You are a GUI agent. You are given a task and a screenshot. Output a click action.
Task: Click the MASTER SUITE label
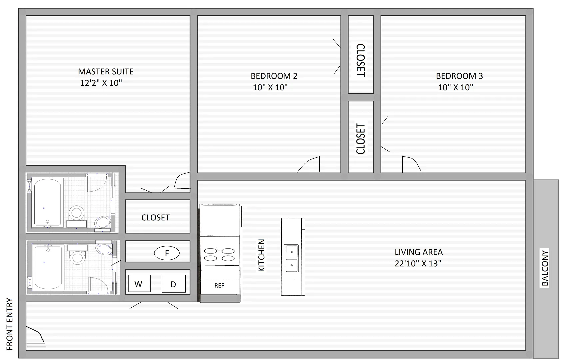coord(106,72)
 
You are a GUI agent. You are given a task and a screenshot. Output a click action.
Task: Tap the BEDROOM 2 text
coord(274,76)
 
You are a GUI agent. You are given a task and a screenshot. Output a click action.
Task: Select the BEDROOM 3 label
coord(459,76)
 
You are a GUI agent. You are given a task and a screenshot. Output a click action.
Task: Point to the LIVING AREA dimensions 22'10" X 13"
coord(418,263)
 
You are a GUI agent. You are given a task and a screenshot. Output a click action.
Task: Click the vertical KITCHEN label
coord(261,255)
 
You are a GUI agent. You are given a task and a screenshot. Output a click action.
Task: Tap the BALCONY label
coord(545,268)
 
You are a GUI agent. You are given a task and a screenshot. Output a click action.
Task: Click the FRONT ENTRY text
coord(10,324)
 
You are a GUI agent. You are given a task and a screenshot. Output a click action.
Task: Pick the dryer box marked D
coord(173,284)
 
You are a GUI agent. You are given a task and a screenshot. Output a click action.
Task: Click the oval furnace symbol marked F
coord(167,253)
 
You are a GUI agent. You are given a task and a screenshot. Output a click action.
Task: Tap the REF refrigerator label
coord(219,286)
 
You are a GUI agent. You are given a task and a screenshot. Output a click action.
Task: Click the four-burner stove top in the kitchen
coord(219,254)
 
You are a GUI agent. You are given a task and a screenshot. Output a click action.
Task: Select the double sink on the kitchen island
coord(291,258)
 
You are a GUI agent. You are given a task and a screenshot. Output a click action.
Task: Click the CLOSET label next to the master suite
coord(156,218)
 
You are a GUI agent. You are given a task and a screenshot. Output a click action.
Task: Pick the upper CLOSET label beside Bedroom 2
coord(361,60)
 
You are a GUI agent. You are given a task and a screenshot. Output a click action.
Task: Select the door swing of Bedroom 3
coord(411,163)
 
